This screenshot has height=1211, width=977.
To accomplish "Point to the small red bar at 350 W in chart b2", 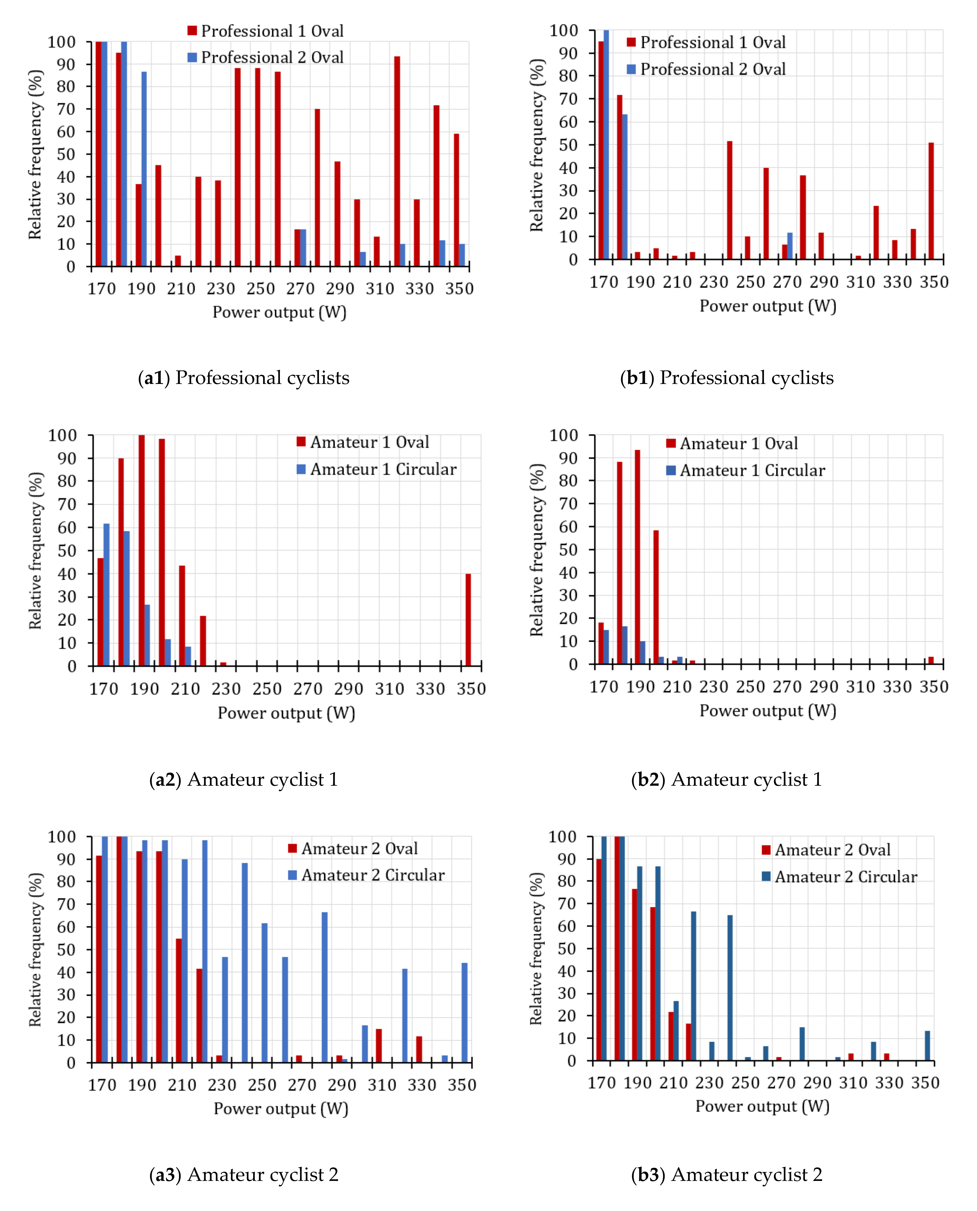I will pyautogui.click(x=931, y=660).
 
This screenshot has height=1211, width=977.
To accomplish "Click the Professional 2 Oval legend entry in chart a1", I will pyautogui.click(x=266, y=57).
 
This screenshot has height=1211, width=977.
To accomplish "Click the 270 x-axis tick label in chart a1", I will pyautogui.click(x=300, y=289).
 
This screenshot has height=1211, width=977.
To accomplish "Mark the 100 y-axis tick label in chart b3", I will pyautogui.click(x=563, y=837).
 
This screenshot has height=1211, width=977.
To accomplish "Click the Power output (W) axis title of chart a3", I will pyautogui.click(x=281, y=1109).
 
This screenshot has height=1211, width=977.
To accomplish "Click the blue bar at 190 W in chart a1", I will pyautogui.click(x=144, y=169).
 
